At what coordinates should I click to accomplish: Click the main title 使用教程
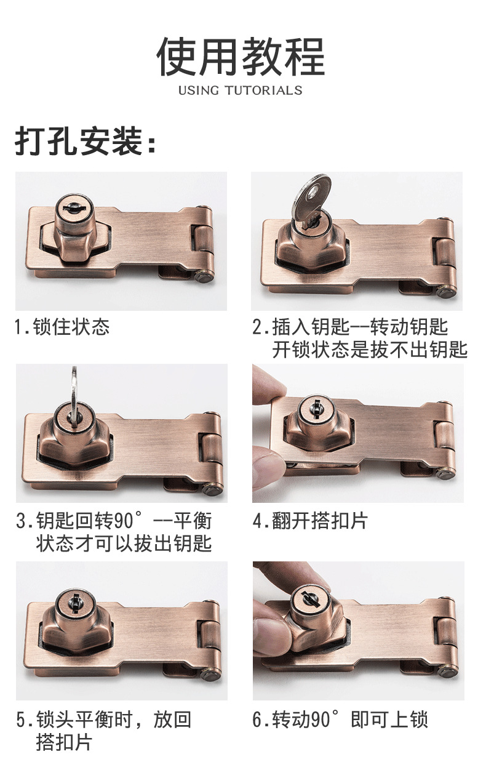click(x=241, y=56)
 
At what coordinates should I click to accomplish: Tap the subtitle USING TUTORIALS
click(x=241, y=90)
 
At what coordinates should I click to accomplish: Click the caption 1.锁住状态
click(x=62, y=326)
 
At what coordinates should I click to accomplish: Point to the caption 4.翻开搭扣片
click(x=310, y=521)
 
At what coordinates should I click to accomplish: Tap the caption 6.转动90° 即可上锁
click(x=340, y=720)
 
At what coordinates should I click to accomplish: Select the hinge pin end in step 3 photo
click(x=213, y=489)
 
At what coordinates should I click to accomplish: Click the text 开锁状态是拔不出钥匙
click(x=370, y=350)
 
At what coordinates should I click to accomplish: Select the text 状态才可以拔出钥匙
click(x=124, y=543)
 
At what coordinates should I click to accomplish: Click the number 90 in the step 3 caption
click(x=124, y=521)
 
